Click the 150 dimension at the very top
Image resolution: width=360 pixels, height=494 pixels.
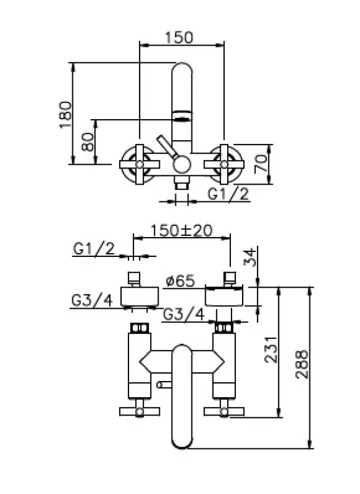(x=179, y=37)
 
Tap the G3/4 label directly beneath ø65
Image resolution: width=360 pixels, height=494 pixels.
(x=183, y=314)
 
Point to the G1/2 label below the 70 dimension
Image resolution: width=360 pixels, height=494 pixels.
(x=228, y=195)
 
